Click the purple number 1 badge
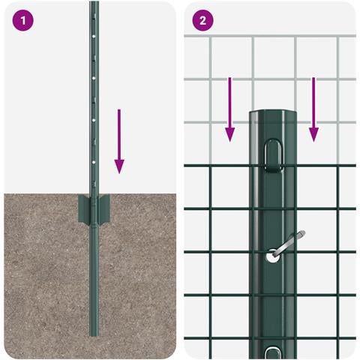pos(22,20)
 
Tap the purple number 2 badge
pos(202,20)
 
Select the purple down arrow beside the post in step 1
pos(119,141)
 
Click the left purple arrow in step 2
pos(230,109)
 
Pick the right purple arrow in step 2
pos(313,109)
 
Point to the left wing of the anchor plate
pos(84,209)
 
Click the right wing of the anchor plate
pos(104,209)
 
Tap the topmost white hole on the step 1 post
pos(94,37)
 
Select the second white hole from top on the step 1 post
pos(94,78)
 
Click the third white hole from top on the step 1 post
pos(94,120)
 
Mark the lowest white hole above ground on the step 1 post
pos(94,162)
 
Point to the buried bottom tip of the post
pos(94,335)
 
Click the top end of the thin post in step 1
pos(94,2)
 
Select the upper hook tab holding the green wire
pos(273,156)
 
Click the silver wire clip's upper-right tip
pos(303,232)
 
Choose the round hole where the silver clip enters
pos(271,256)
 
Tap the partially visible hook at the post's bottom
pos(273,352)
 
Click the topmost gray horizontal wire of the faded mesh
pos(270,36)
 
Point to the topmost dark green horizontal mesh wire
pos(270,166)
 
